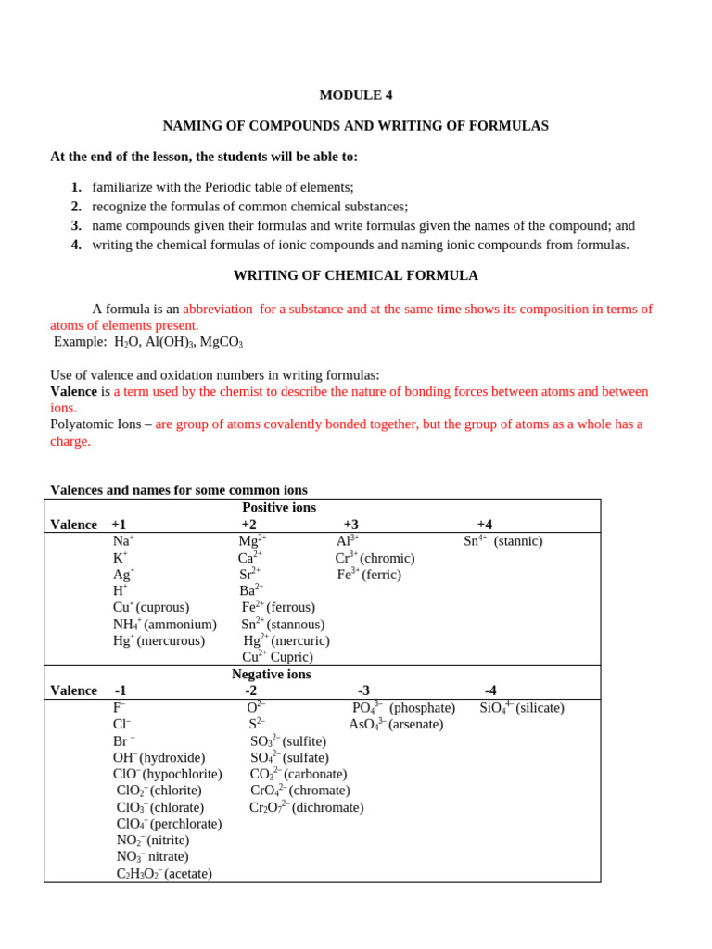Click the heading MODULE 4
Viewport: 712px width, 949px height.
pyautogui.click(x=355, y=95)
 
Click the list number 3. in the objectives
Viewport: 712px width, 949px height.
pyautogui.click(x=76, y=225)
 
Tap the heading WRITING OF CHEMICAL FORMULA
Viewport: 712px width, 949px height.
pyautogui.click(x=355, y=275)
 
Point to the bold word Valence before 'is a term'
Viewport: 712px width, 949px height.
pyautogui.click(x=73, y=391)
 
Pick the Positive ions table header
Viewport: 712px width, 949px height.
pyautogui.click(x=279, y=508)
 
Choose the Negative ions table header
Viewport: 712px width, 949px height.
pyautogui.click(x=272, y=675)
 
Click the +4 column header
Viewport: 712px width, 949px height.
pyautogui.click(x=484, y=525)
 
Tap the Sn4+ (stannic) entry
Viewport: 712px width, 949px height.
pyautogui.click(x=502, y=541)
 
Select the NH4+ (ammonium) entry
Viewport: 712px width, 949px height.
pyautogui.click(x=164, y=625)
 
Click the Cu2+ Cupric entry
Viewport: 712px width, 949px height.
pyautogui.click(x=277, y=657)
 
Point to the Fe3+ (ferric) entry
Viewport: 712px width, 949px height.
pyautogui.click(x=369, y=575)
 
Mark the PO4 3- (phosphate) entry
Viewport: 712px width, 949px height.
pyautogui.click(x=390, y=708)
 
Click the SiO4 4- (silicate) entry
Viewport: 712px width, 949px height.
pyautogui.click(x=521, y=708)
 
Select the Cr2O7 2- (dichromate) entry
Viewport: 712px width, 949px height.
pyautogui.click(x=306, y=807)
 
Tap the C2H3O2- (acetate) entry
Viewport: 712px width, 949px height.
pyautogui.click(x=164, y=874)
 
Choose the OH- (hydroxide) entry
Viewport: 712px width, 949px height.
pyautogui.click(x=159, y=757)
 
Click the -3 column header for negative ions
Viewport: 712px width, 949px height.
pyautogui.click(x=363, y=690)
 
